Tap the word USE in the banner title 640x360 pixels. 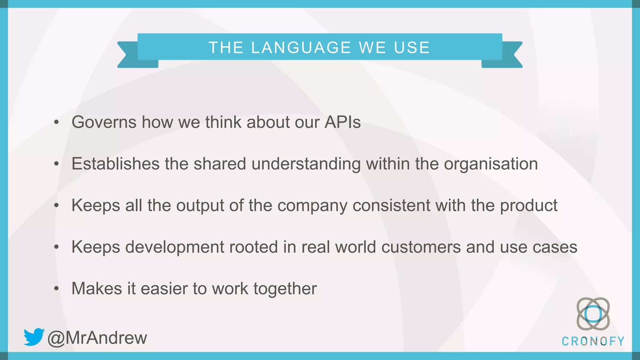coord(412,47)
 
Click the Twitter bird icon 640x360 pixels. coord(34,337)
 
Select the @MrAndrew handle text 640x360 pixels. coord(97,338)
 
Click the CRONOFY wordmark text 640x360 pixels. coord(593,341)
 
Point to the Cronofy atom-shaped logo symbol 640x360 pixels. coord(593,314)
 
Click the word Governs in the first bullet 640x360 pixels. coord(104,122)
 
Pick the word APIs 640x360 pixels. coord(342,122)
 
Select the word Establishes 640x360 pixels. coord(116,164)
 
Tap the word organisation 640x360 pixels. coord(491,164)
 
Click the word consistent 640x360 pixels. coord(392,205)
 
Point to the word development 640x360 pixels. coord(175,247)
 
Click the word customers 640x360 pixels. coord(421,247)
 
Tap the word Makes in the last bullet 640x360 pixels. coord(97,288)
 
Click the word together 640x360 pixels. coord(285,289)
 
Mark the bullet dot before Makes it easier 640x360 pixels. coord(56,288)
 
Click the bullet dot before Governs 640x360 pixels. coord(56,122)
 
